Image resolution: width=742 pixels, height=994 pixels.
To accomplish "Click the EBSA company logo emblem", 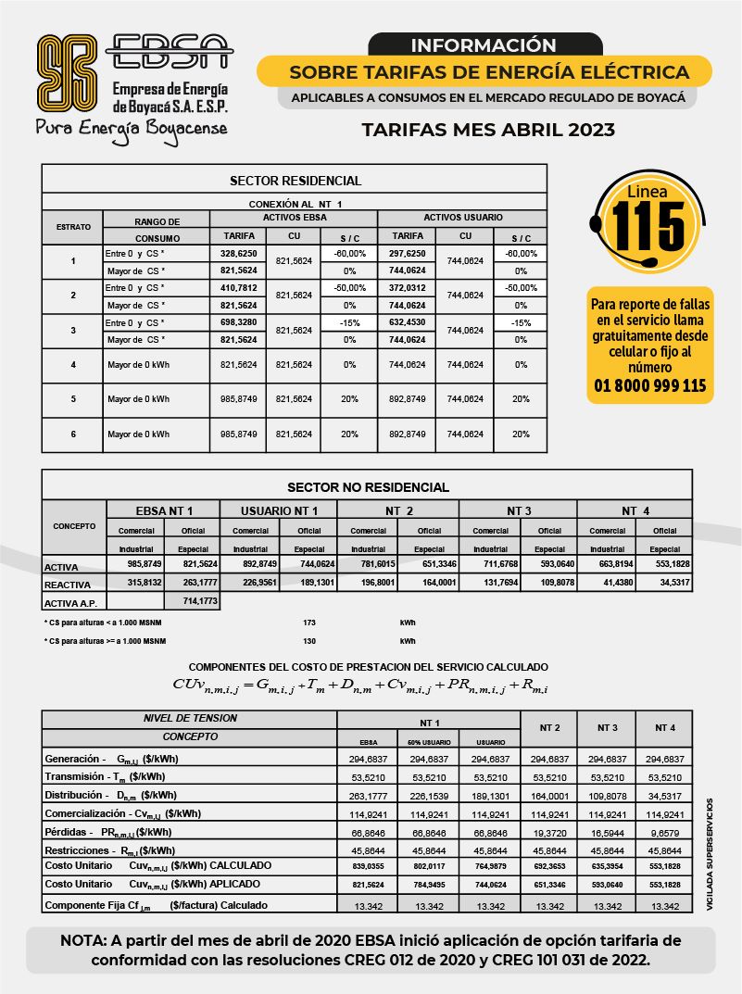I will pos(67,72).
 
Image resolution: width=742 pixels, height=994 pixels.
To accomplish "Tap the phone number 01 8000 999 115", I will pos(649,385).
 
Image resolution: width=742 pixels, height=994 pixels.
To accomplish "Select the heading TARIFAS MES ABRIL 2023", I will pos(487,130).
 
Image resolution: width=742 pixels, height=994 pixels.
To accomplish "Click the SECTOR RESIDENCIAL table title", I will pos(295,181).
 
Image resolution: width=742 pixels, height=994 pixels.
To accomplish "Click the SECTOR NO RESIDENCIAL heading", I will pos(368,486).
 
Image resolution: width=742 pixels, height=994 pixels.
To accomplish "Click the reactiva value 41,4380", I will pos(607,583).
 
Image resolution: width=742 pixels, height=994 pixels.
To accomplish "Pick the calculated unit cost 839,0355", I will pos(368,865).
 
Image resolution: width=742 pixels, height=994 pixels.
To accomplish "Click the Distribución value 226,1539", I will pos(427,795).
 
